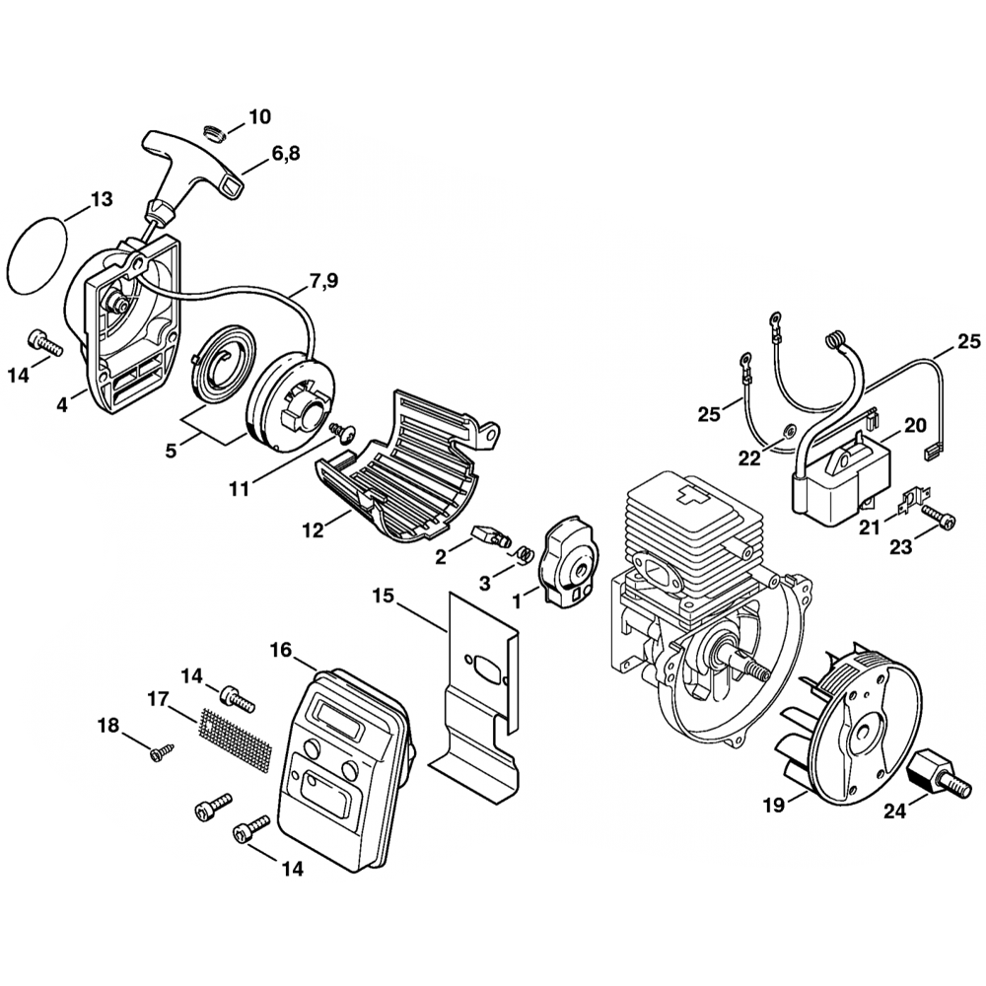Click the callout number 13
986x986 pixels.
pyautogui.click(x=102, y=199)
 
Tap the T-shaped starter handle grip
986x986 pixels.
pyautogui.click(x=186, y=162)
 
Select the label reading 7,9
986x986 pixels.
pyautogui.click(x=322, y=282)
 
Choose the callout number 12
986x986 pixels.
pyautogui.click(x=313, y=530)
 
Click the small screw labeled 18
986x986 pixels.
pyautogui.click(x=159, y=753)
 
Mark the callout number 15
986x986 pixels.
pyautogui.click(x=383, y=596)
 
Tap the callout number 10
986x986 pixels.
pyautogui.click(x=259, y=117)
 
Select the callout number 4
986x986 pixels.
pyautogui.click(x=63, y=404)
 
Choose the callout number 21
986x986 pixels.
pyautogui.click(x=868, y=528)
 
